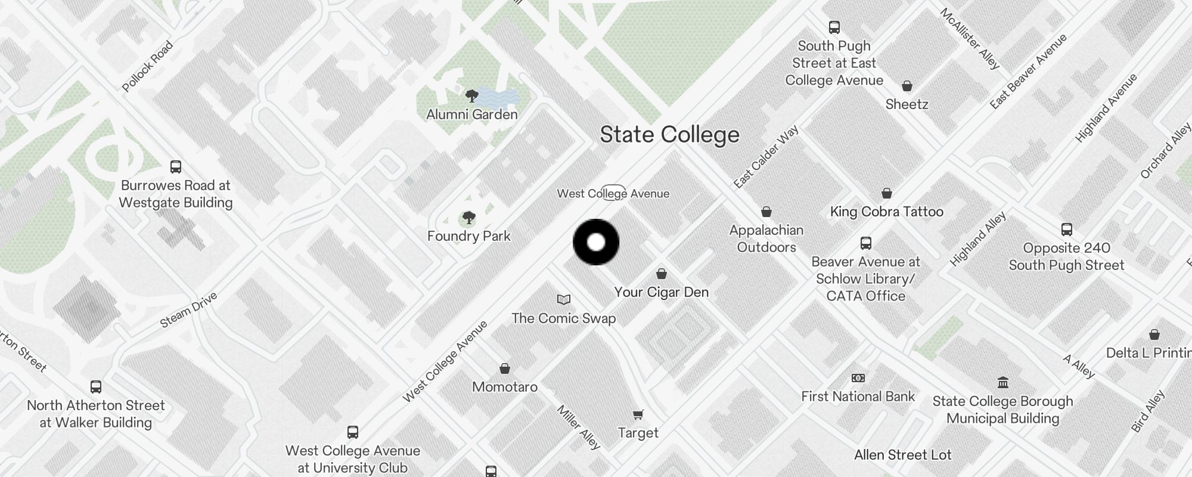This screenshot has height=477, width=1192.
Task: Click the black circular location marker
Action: [596, 242]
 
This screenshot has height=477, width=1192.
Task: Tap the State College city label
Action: [669, 135]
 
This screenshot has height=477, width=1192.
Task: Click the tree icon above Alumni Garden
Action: [471, 95]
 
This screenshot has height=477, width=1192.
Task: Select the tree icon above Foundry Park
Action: [469, 218]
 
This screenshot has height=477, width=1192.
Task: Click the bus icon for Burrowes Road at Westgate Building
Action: [176, 166]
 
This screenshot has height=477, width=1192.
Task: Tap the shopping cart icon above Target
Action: [638, 414]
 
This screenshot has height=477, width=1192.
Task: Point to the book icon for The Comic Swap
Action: [564, 299]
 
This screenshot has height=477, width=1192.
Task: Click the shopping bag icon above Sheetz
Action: [907, 86]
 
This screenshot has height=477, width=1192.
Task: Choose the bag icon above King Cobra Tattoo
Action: [887, 193]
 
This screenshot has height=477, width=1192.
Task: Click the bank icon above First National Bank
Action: [858, 378]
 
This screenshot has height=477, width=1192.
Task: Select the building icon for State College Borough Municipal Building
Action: [1003, 382]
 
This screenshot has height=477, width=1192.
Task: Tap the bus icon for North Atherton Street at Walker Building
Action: [96, 387]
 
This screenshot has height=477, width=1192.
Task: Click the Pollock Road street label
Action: [147, 66]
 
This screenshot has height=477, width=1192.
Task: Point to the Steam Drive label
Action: [188, 310]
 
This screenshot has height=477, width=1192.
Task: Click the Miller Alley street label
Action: [578, 427]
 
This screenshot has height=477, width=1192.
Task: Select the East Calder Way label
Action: [766, 157]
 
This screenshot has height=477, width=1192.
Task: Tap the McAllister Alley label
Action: [969, 39]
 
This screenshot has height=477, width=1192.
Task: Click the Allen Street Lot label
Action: [902, 455]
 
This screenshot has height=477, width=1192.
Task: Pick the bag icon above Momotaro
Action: [505, 368]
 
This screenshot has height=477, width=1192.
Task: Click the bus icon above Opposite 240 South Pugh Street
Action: [1067, 230]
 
